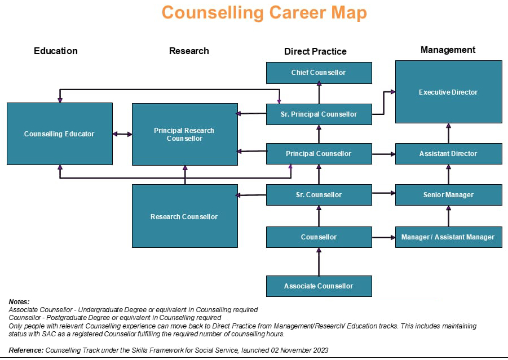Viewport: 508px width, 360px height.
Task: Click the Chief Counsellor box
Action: [x=319, y=73]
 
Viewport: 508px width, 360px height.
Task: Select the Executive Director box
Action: [x=448, y=92]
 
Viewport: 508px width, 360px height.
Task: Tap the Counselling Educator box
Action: [x=59, y=134]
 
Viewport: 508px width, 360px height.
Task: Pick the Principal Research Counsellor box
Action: [x=184, y=134]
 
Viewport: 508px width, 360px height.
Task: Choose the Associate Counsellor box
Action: [x=319, y=286]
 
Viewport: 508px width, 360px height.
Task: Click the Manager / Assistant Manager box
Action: [x=448, y=237]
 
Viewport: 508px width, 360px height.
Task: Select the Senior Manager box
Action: [x=448, y=195]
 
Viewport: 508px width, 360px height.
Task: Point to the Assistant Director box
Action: [x=448, y=154]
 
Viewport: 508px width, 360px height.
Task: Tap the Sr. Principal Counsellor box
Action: [x=319, y=114]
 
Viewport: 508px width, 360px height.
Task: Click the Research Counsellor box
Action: [x=184, y=216]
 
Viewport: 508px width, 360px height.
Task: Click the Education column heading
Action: [x=56, y=51]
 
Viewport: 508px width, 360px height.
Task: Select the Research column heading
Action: [x=189, y=51]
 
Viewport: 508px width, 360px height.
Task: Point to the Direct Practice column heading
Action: [x=315, y=51]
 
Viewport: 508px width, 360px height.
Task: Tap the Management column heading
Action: [x=448, y=50]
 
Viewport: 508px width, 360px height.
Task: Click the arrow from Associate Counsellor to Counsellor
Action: [x=319, y=262]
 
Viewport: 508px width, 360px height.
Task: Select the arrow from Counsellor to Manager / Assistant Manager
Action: [x=383, y=237]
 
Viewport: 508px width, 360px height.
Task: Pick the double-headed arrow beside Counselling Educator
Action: [x=122, y=134]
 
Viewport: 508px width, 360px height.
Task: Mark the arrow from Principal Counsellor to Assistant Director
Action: [x=383, y=154]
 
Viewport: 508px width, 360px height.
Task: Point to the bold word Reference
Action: [x=26, y=350]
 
